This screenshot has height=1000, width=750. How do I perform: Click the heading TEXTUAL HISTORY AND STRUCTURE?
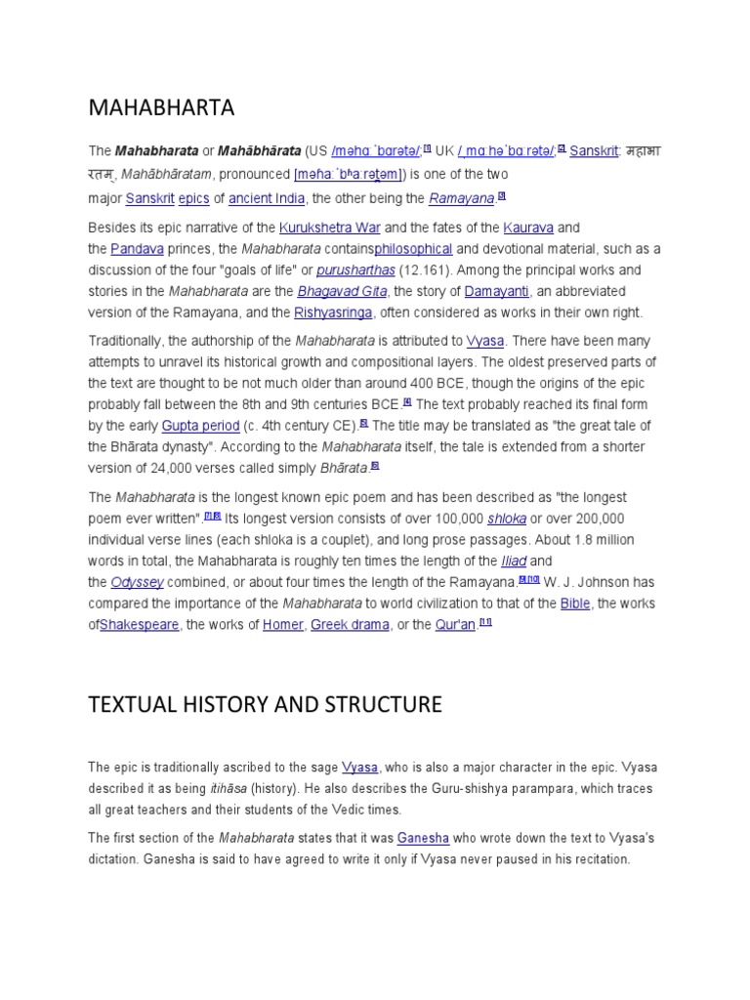[x=265, y=704]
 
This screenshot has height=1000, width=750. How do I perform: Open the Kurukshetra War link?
[x=330, y=228]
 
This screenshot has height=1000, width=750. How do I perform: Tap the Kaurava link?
[x=528, y=228]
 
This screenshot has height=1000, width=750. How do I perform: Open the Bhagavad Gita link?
[x=343, y=292]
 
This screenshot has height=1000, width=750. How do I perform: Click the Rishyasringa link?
[x=333, y=313]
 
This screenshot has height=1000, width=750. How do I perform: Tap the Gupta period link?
[x=200, y=426]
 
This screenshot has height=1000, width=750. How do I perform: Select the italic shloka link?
[x=507, y=519]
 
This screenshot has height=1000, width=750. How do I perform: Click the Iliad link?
[x=513, y=561]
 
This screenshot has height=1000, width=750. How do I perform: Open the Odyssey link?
[x=137, y=582]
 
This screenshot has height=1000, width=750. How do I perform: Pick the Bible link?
[x=575, y=604]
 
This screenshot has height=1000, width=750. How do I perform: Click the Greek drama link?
[x=350, y=625]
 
